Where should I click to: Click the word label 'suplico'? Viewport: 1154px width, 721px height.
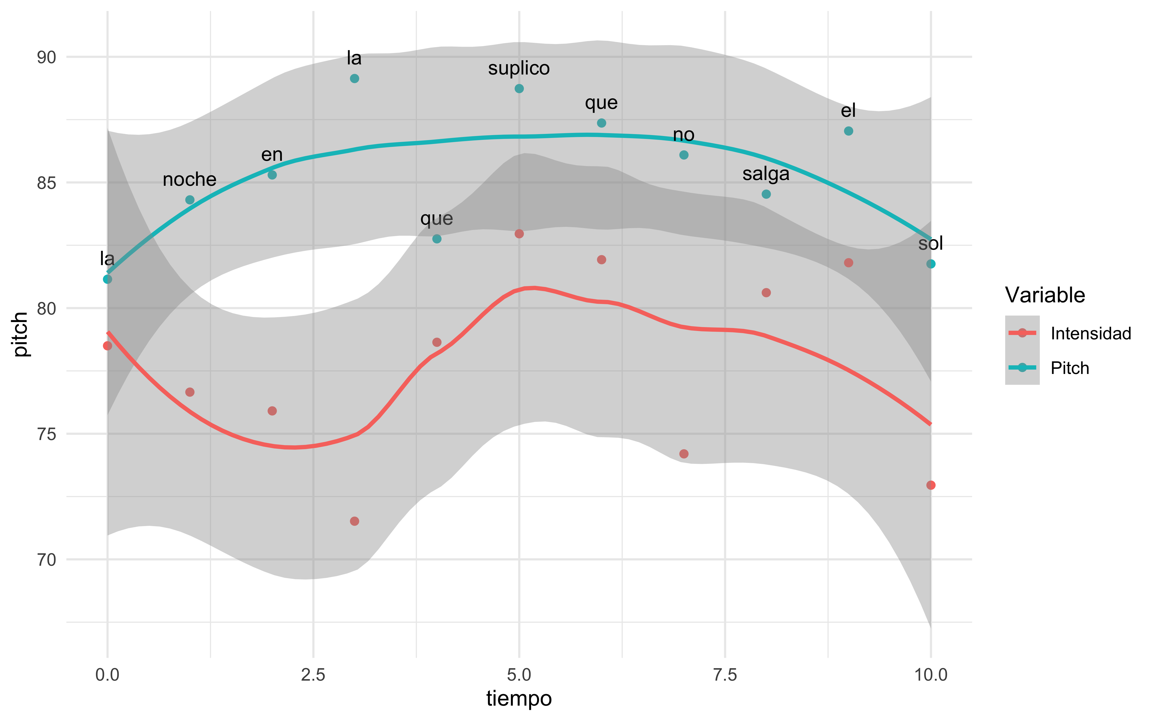(519, 68)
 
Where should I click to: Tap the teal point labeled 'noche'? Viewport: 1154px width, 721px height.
(190, 200)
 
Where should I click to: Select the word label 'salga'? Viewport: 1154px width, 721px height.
(766, 174)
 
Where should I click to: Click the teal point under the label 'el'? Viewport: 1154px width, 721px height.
(848, 131)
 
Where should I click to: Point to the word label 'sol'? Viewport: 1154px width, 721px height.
(930, 244)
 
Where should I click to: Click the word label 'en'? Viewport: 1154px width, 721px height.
(272, 155)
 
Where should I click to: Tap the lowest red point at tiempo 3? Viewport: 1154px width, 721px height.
(354, 521)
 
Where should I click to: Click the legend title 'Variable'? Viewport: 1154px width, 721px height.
(1045, 295)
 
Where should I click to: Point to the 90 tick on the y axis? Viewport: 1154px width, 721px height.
(46, 57)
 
